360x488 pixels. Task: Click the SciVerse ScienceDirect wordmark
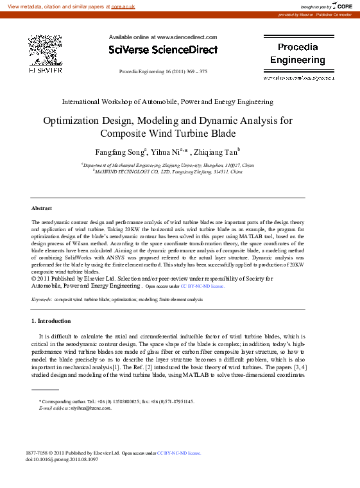coord(163,49)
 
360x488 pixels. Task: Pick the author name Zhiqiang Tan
coord(215,153)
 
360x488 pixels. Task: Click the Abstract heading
coord(42,208)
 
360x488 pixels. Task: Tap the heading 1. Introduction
coord(51,320)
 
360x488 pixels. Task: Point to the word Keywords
coord(42,299)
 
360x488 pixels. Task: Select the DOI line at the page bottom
coord(62,460)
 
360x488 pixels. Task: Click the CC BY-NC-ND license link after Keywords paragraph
coord(202,286)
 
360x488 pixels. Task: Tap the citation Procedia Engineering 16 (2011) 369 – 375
coord(163,71)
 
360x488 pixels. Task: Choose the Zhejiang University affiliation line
coord(167,165)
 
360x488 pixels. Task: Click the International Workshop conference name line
coord(167,101)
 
